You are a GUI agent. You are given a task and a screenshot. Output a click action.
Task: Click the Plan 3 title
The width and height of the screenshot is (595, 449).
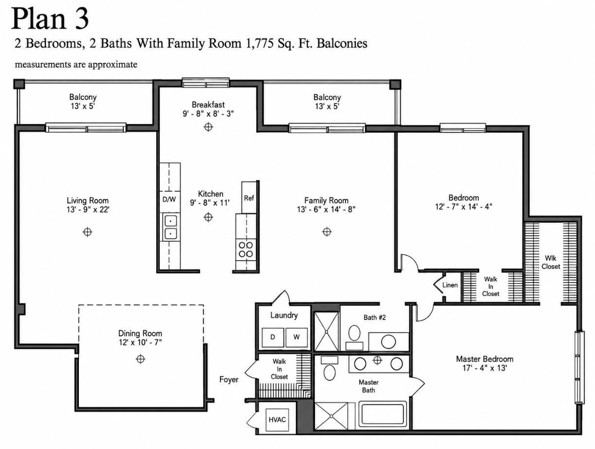(x=50, y=18)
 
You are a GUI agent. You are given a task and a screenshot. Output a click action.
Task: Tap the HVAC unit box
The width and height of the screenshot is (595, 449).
(x=278, y=419)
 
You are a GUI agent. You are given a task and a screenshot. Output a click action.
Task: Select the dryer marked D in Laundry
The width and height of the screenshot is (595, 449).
(x=273, y=338)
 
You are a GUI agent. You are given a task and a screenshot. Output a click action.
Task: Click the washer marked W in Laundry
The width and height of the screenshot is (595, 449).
(x=297, y=338)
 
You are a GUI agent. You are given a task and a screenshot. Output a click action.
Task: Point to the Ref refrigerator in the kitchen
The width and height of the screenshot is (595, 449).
(x=249, y=198)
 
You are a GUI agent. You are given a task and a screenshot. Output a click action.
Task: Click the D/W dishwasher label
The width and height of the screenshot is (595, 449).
(x=169, y=199)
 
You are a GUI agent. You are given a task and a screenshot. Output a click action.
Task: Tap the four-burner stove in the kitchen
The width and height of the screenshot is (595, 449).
(x=246, y=250)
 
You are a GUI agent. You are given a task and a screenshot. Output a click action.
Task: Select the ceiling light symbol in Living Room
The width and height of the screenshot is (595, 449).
(x=87, y=232)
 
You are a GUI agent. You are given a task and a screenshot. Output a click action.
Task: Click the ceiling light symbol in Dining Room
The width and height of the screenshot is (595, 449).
(x=140, y=359)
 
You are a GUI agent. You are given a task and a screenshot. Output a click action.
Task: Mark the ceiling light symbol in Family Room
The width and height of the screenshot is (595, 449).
(x=327, y=232)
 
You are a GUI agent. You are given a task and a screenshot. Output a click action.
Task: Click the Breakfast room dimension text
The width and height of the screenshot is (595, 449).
(x=208, y=114)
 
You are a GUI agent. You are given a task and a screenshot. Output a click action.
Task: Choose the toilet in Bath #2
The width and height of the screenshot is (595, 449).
(x=354, y=338)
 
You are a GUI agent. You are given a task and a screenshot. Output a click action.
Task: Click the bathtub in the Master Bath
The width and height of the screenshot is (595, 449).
(x=383, y=414)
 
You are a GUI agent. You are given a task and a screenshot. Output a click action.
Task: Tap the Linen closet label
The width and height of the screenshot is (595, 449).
(x=450, y=285)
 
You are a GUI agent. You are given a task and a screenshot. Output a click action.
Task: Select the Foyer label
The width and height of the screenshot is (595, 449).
(x=229, y=379)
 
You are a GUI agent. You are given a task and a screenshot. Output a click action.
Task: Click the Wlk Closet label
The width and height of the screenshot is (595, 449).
(x=551, y=262)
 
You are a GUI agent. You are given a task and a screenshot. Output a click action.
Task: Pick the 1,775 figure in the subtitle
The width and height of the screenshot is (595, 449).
(x=260, y=44)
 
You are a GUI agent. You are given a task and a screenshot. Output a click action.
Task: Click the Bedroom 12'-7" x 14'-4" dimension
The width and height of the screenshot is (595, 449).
(x=464, y=207)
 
